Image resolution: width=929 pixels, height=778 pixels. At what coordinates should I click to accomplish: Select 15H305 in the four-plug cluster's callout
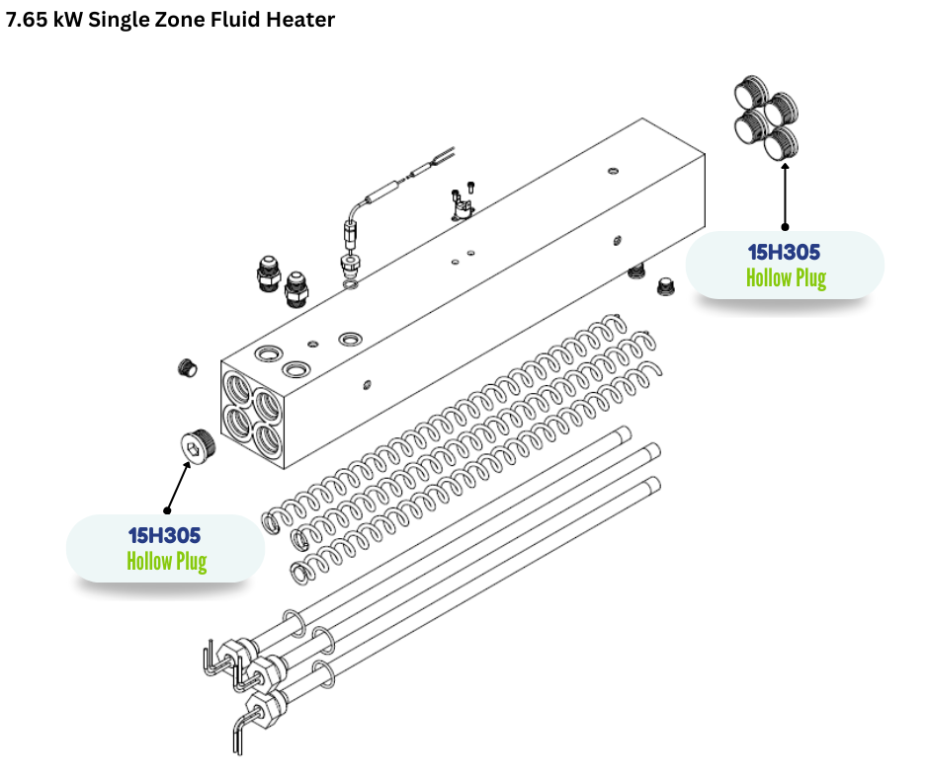[784, 253]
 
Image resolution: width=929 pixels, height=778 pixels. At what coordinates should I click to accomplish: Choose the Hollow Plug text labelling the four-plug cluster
[786, 277]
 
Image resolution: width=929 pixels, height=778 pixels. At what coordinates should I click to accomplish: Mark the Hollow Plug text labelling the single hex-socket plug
[166, 562]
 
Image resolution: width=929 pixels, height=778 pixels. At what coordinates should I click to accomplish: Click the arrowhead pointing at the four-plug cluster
[786, 169]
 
